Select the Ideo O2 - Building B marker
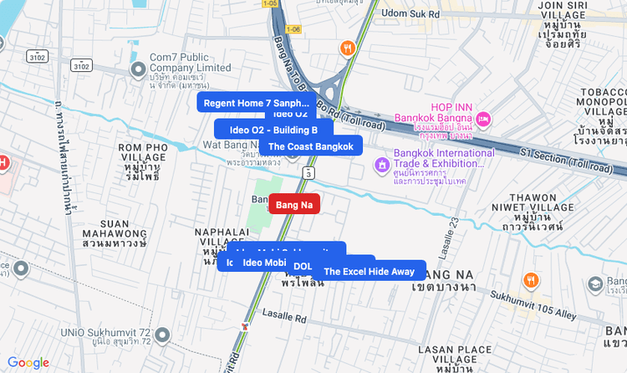tap(273, 130)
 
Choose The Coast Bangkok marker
tap(310, 146)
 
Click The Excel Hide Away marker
tap(369, 271)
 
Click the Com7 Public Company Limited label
tap(191, 63)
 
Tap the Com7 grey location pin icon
tap(137, 68)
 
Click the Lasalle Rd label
tap(285, 319)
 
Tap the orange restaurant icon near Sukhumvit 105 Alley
tap(530, 280)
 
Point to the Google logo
tap(28, 362)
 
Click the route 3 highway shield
tap(309, 172)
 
